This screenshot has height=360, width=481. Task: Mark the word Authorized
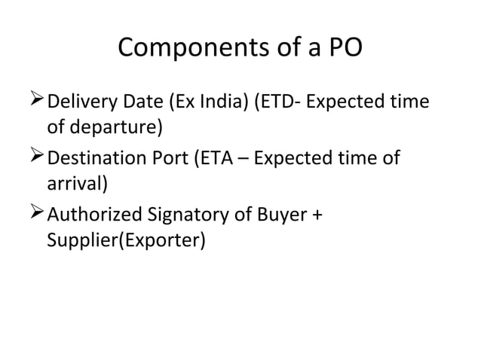pos(93,216)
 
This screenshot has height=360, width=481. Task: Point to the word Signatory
pos(181,216)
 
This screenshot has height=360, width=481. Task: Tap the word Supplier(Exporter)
pos(126,243)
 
